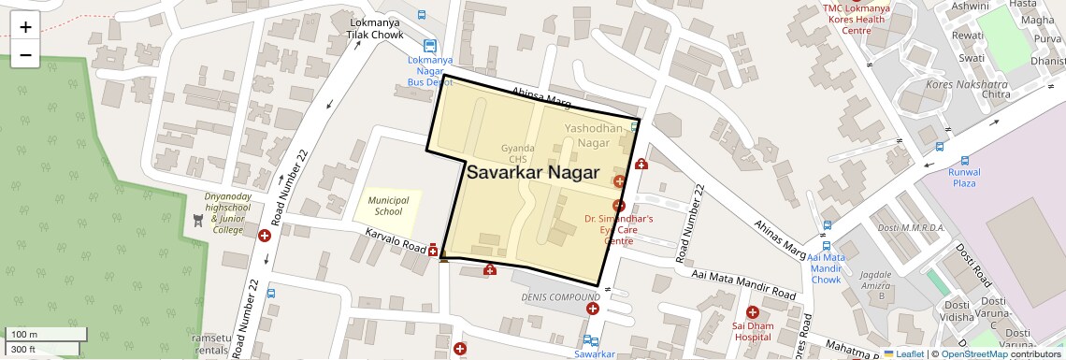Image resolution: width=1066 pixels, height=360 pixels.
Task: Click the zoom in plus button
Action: (25, 26)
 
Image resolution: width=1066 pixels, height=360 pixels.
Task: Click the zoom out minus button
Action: (25, 55)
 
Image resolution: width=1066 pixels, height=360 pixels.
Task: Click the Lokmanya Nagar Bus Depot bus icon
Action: (429, 46)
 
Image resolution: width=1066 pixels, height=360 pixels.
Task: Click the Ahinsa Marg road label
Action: (540, 94)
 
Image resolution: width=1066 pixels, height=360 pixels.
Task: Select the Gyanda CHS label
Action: (517, 153)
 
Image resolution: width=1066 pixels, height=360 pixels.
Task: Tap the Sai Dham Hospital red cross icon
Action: (753, 311)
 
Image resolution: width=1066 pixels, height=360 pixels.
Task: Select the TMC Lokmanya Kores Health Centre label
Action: (856, 19)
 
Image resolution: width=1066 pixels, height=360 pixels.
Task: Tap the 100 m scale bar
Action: (47, 335)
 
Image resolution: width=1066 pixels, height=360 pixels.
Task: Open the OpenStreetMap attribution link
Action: (973, 353)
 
